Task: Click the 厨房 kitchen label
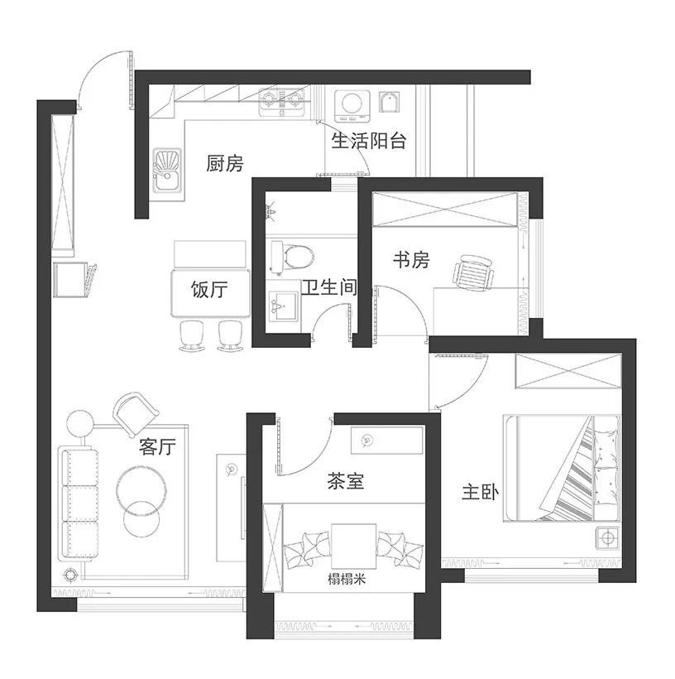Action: click(225, 164)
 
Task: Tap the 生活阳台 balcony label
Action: click(369, 141)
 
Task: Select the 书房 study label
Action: click(411, 261)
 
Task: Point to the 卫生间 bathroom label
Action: click(328, 288)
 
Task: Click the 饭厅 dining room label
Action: click(209, 291)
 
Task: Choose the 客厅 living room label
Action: click(158, 448)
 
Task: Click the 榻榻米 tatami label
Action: click(347, 580)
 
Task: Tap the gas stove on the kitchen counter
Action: click(281, 102)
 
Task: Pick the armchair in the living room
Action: click(136, 413)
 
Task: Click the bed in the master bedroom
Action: click(562, 468)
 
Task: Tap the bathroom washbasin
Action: click(284, 307)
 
